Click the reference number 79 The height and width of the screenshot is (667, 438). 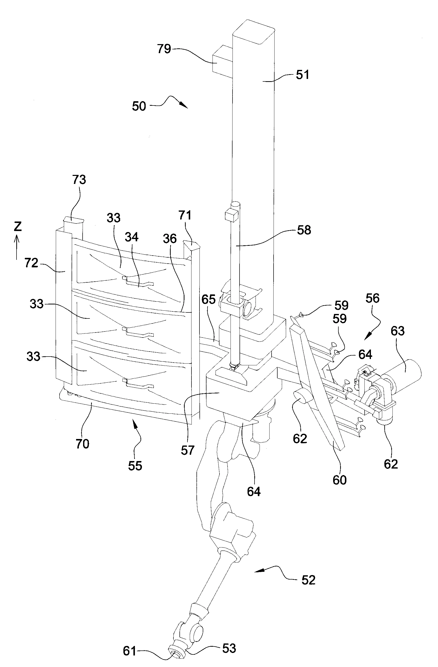point(164,49)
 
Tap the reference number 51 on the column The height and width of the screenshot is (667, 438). point(302,75)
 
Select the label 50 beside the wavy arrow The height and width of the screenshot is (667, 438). point(139,106)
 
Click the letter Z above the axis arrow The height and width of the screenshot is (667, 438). point(18,227)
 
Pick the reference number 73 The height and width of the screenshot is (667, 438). point(79,180)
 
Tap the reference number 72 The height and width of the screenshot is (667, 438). point(31,263)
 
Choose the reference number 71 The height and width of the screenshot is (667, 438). point(185,215)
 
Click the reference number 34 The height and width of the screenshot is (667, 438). point(132,237)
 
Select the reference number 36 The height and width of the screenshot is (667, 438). point(170,239)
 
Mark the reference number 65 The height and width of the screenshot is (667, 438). point(208,299)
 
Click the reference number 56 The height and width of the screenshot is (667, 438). point(372,298)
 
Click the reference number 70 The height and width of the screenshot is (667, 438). point(82,444)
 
